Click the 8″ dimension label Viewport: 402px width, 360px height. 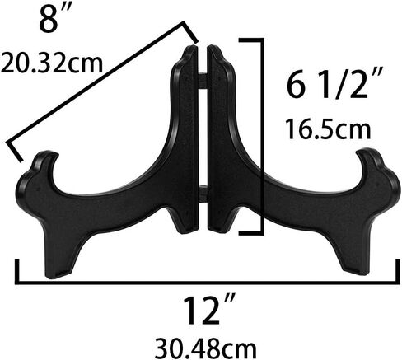pyautogui.click(x=56, y=18)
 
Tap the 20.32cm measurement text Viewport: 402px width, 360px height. pyautogui.click(x=52, y=63)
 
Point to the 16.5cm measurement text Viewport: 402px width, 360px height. pyautogui.click(x=328, y=129)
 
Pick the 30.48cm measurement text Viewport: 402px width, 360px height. pyautogui.click(x=206, y=348)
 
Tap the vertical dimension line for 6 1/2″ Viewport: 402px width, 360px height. pyautogui.click(x=262, y=137)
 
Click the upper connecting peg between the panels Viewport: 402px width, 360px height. pyautogui.click(x=203, y=80)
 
